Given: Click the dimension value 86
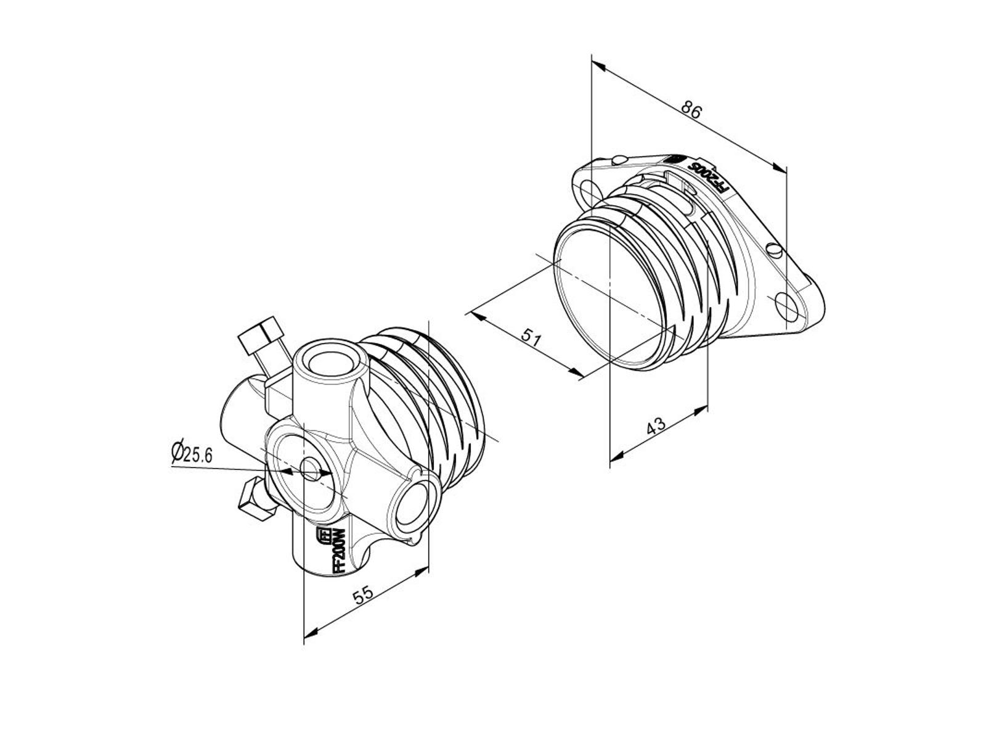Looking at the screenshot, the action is [x=690, y=110].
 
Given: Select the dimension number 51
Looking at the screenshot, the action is [x=532, y=337].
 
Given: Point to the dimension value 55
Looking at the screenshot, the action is [x=363, y=595].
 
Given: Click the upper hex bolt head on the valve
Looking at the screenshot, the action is [x=261, y=335].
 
